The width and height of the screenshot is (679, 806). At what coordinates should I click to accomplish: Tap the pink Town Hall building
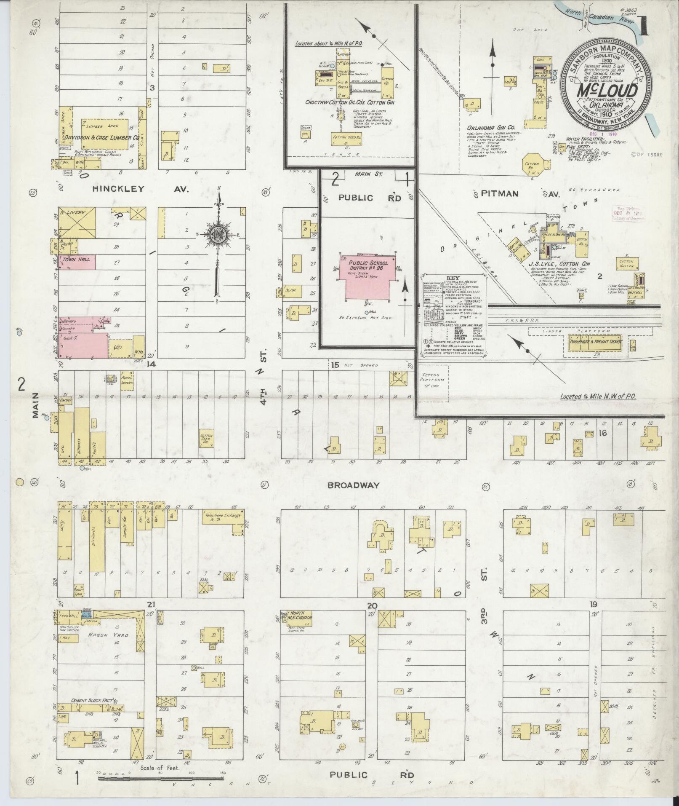(76, 262)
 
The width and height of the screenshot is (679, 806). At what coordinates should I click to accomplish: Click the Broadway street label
(354, 485)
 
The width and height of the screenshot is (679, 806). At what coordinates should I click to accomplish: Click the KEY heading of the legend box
(455, 278)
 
